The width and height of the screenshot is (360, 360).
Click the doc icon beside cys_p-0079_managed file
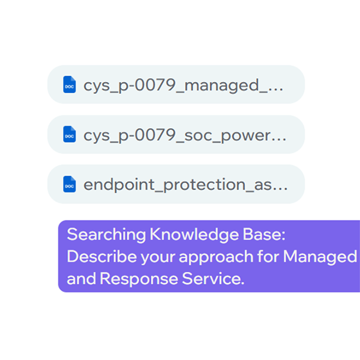point(69,85)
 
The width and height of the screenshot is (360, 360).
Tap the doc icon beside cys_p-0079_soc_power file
point(69,134)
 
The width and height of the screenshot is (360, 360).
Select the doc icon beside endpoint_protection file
point(69,184)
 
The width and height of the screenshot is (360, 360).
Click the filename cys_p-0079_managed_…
point(183,86)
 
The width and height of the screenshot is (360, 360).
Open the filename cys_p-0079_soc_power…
point(185,136)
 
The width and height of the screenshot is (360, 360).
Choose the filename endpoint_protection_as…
point(185,185)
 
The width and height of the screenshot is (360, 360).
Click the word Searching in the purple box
point(106,235)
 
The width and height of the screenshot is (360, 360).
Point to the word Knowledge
point(194,235)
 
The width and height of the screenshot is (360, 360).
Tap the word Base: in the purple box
point(264,235)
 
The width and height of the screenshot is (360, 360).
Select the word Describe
point(102,256)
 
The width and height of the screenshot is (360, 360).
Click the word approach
point(216,257)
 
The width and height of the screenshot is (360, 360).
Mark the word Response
point(139,278)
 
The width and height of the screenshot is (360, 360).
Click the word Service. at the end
point(213,278)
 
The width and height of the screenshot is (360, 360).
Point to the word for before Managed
point(268,256)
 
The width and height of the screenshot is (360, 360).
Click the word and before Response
point(82,278)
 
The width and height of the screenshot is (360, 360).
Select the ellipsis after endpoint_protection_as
point(280,189)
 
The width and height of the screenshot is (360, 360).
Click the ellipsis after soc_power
point(279,140)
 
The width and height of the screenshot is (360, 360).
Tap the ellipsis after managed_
point(276,90)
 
